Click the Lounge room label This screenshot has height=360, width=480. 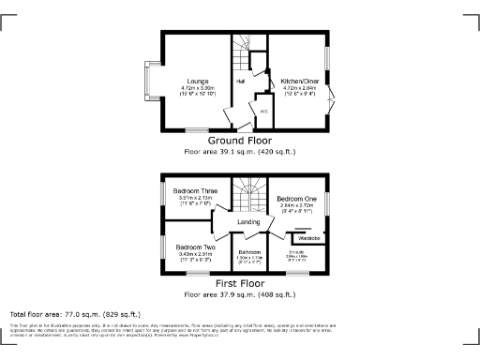tap(197, 82)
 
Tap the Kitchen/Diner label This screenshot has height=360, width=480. tap(299, 82)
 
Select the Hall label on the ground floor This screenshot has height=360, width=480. tap(241, 82)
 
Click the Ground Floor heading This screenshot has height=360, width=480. tap(240, 140)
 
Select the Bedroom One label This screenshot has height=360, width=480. tap(295, 199)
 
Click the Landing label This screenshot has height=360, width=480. tap(248, 222)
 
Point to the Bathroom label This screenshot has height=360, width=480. tap(248, 252)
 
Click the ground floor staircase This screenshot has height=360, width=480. tap(243, 47)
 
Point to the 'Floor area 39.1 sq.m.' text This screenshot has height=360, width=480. tap(240, 150)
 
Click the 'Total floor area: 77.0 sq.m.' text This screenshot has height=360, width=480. tap(75, 314)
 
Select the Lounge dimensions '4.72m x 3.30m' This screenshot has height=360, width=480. tap(197, 88)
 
